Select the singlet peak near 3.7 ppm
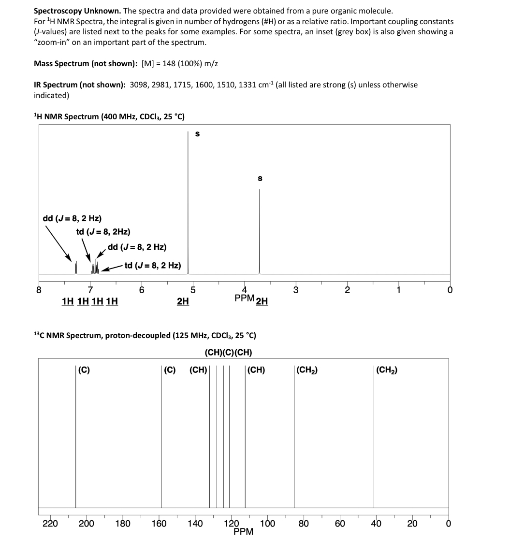[259, 232]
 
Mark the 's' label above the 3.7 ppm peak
[260, 178]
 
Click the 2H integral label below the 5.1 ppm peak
[183, 301]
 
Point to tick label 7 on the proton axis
[90, 290]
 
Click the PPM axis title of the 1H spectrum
[244, 298]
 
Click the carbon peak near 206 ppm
[75, 435]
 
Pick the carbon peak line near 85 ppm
[294, 435]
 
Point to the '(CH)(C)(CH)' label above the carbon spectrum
[229, 353]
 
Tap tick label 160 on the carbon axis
[159, 524]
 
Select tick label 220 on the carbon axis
[50, 524]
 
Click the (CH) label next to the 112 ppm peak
[256, 370]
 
